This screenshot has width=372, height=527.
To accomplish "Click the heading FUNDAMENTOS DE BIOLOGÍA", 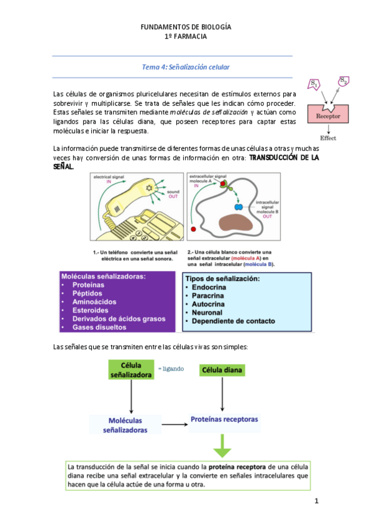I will [x=186, y=27].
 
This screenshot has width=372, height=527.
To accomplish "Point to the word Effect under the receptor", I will [x=328, y=138].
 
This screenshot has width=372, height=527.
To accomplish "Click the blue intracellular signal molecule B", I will [x=238, y=206].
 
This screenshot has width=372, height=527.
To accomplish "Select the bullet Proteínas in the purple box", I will [x=88, y=285].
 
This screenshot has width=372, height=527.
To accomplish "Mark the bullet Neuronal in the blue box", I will [x=207, y=313].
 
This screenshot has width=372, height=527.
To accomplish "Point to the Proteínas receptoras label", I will [x=224, y=419].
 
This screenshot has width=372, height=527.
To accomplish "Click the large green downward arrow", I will [x=222, y=447].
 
